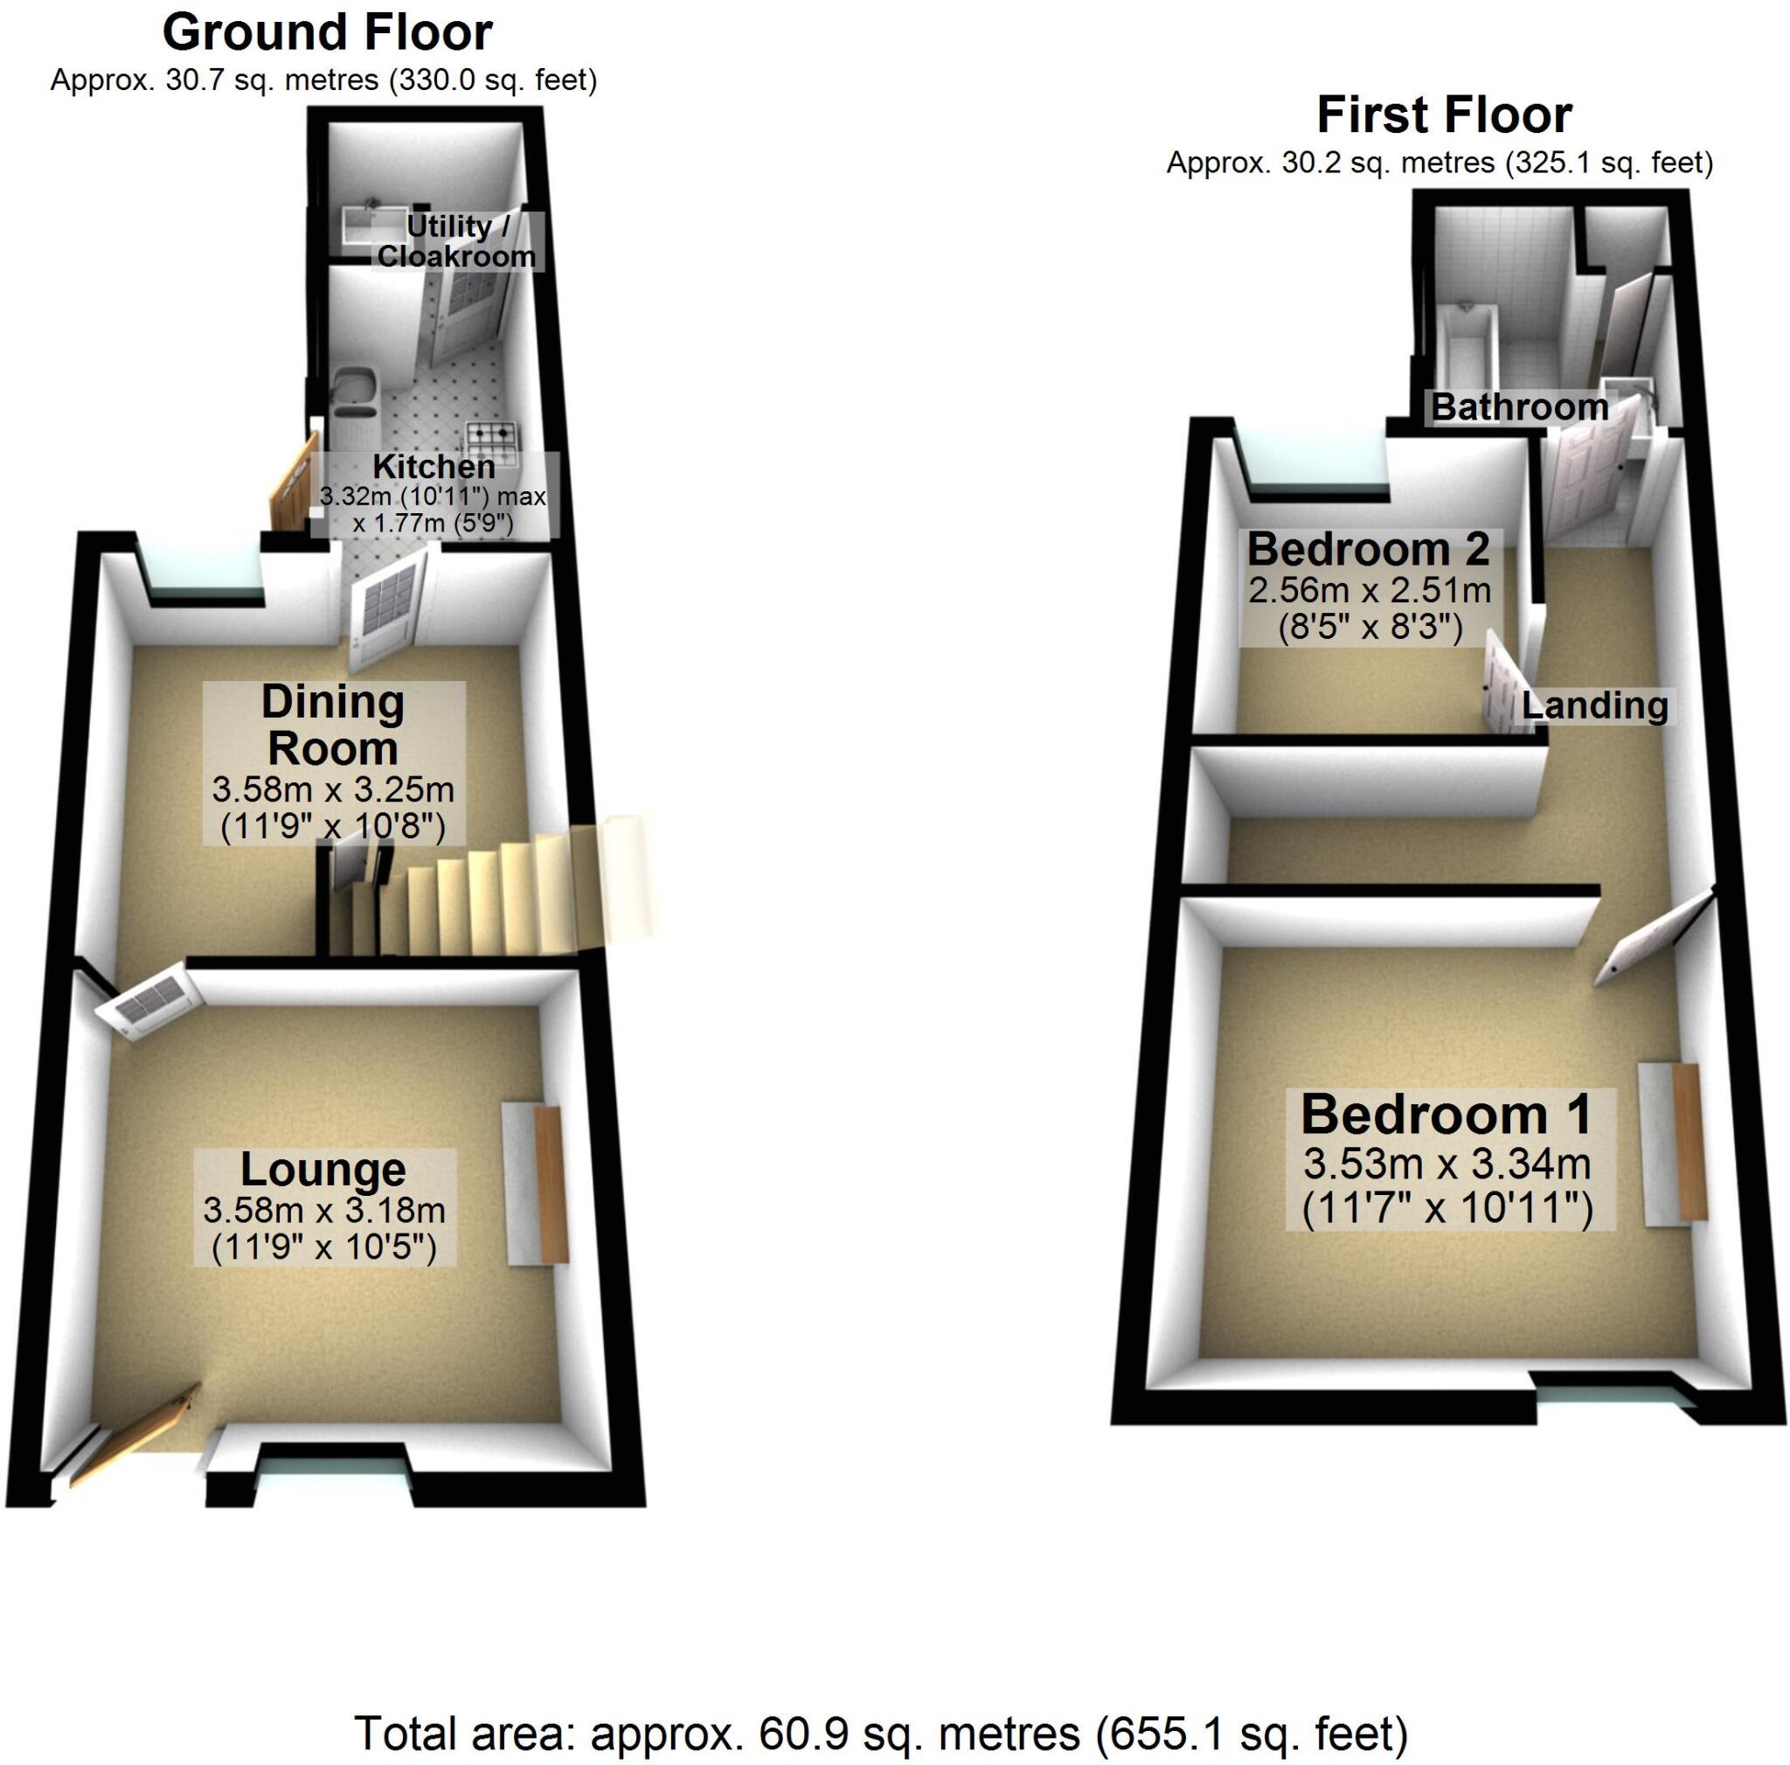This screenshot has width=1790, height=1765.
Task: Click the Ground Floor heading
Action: pos(327,33)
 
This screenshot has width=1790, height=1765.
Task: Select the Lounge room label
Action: pos(323,1170)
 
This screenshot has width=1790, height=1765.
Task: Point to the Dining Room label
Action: pos(333,726)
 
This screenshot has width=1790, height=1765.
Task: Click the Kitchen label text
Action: pos(434,467)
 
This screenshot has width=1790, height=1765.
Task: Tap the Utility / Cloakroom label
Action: pos(457,241)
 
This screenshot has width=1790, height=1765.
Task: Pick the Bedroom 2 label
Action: pos(1368,549)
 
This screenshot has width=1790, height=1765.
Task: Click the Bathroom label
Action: pos(1519,407)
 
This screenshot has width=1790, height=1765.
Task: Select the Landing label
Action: pos(1594,706)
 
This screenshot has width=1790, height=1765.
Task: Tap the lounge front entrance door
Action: pos(139,1433)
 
